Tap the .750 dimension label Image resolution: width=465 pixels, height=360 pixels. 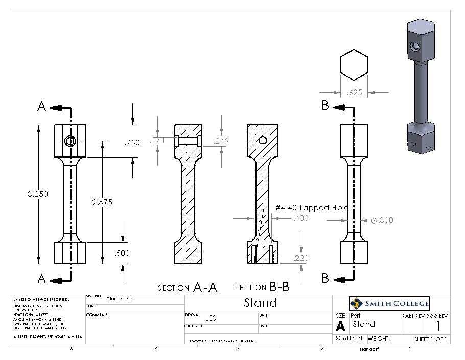132,143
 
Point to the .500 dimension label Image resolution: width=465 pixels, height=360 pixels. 123,253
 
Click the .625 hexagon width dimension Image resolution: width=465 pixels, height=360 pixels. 355,93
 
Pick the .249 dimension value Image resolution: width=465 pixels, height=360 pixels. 221,141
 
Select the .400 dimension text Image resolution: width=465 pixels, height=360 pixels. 301,218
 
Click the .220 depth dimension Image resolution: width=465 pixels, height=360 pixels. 301,258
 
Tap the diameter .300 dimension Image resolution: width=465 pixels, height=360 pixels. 382,220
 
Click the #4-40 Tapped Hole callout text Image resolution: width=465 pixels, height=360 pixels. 312,208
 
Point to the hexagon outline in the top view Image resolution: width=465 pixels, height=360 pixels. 354,64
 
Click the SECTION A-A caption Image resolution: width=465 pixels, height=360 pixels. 188,287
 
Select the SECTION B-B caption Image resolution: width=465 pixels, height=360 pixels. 262,287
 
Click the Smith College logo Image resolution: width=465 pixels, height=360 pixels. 389,304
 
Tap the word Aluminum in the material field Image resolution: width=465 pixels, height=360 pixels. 119,299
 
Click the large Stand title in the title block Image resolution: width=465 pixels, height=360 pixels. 260,302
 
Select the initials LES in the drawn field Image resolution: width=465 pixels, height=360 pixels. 211,318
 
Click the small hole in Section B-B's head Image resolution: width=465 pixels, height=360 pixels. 263,140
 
